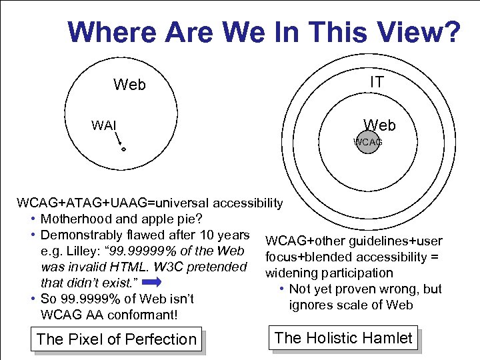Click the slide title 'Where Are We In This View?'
tap(264, 31)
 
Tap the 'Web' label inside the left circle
tap(129, 85)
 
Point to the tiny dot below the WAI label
tap(123, 149)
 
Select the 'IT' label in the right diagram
tap(377, 81)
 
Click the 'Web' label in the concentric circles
tap(379, 125)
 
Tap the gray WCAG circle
tap(367, 142)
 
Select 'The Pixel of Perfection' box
tap(117, 339)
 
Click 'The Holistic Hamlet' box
tap(343, 338)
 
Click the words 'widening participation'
tap(329, 273)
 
